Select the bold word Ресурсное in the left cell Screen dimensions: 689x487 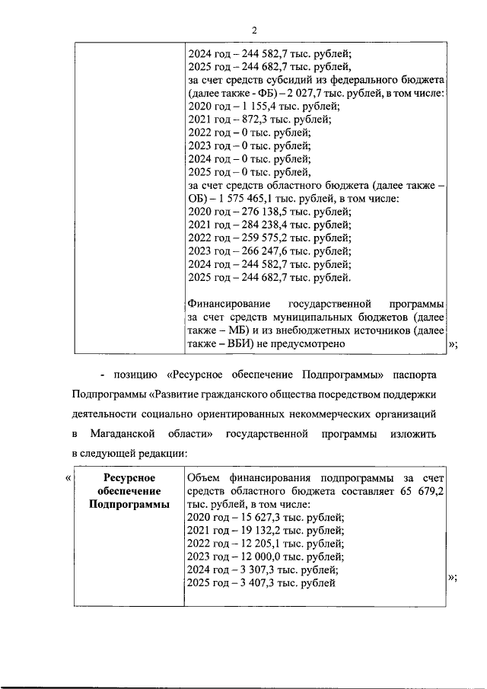click(129, 477)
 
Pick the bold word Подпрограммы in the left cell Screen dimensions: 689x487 click(129, 505)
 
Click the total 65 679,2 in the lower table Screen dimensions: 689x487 click(422, 492)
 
